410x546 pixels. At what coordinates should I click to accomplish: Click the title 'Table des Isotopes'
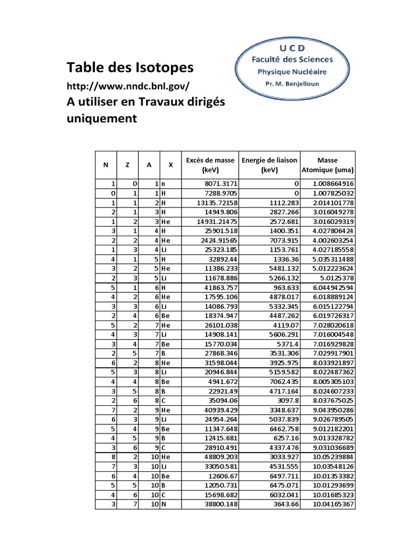(130, 68)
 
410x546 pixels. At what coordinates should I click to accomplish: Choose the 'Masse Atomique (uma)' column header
(328, 165)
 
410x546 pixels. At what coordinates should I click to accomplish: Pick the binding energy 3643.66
(282, 504)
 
